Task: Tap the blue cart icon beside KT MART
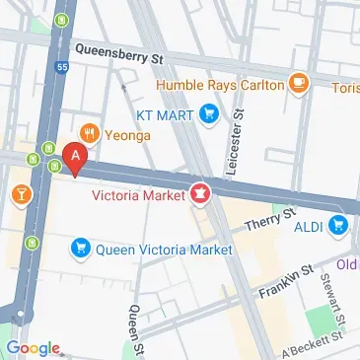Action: point(208,115)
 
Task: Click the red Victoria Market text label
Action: point(139,193)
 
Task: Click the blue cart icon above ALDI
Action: point(338,225)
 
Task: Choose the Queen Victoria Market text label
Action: point(164,250)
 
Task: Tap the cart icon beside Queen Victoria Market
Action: point(81,250)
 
